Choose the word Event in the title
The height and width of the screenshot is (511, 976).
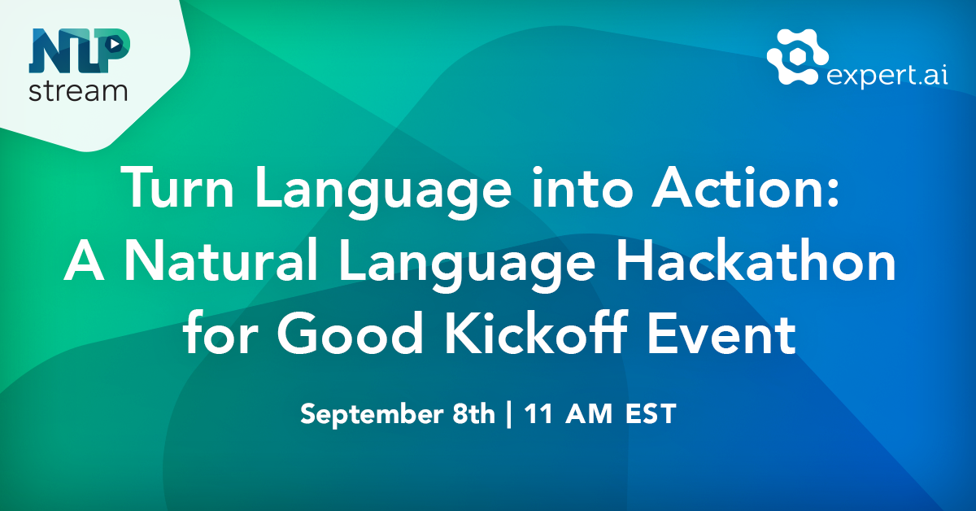(728, 335)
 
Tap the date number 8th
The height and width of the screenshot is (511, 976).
(469, 414)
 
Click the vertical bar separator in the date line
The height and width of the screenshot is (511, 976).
(509, 415)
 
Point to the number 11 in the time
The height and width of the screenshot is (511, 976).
(538, 414)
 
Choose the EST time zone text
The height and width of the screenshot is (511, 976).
(650, 414)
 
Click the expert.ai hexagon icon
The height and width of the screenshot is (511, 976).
(796, 57)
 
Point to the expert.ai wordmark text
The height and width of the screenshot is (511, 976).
(887, 75)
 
